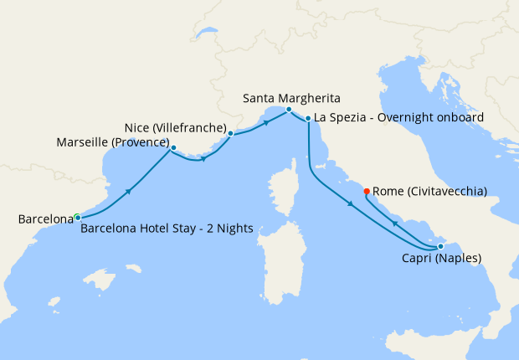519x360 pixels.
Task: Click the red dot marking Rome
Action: [367, 192]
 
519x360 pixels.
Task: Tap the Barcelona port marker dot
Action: [77, 218]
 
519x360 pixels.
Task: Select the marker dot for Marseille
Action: [173, 148]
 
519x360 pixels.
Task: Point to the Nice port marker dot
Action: [230, 132]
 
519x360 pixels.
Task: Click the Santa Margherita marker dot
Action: [288, 110]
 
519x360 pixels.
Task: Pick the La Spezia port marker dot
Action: [308, 119]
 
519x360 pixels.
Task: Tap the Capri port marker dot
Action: [440, 246]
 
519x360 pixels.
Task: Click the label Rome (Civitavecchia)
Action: [429, 191]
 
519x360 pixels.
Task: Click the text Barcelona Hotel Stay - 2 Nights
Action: [167, 229]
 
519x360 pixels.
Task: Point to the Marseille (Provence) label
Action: [113, 142]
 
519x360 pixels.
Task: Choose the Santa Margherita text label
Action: [292, 98]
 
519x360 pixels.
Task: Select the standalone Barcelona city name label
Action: [45, 219]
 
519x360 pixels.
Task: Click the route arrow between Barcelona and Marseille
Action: [129, 192]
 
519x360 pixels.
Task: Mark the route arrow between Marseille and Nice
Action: [203, 159]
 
